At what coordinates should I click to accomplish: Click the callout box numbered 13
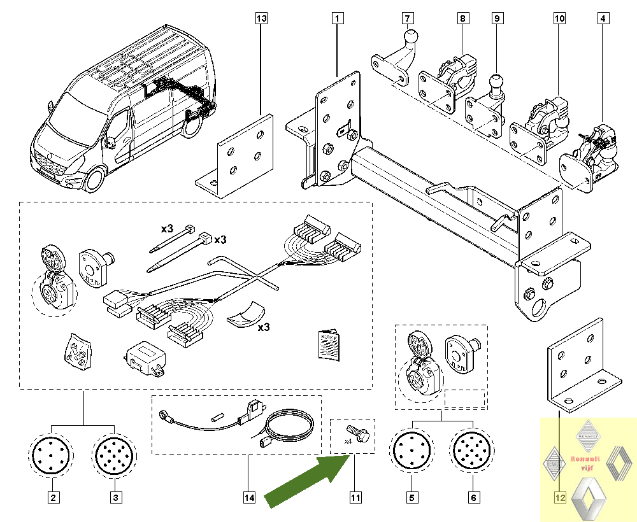click(261, 18)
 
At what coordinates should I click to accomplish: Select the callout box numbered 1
click(337, 18)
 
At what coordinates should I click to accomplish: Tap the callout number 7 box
click(408, 18)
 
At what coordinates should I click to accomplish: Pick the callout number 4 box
click(602, 18)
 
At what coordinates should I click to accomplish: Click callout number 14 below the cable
click(248, 497)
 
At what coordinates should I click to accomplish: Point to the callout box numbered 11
click(354, 497)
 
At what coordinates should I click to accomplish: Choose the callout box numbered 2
click(54, 497)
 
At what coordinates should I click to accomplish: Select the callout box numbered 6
click(474, 497)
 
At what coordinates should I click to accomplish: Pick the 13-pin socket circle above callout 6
click(473, 451)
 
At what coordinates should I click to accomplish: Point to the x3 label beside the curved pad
click(264, 327)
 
